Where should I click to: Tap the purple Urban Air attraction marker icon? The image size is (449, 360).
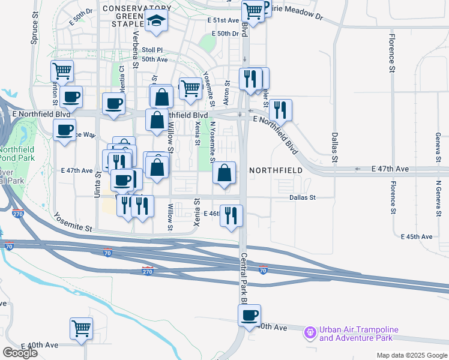pyautogui.click(x=310, y=331)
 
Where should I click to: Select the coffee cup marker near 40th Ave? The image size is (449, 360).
pyautogui.click(x=249, y=315)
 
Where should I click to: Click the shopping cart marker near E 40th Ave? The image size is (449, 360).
pyautogui.click(x=81, y=328)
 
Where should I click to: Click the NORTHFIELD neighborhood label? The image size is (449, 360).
pyautogui.click(x=276, y=170)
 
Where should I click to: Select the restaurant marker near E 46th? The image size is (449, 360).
pyautogui.click(x=231, y=215)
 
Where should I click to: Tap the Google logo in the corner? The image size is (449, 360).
pyautogui.click(x=20, y=352)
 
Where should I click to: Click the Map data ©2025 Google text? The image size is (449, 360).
pyautogui.click(x=411, y=355)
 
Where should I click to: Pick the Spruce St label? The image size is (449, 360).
pyautogui.click(x=34, y=34)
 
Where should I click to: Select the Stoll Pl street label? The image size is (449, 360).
pyautogui.click(x=152, y=50)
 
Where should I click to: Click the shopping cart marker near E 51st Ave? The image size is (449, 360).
pyautogui.click(x=253, y=11)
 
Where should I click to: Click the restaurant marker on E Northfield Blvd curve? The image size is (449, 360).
pyautogui.click(x=280, y=110)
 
